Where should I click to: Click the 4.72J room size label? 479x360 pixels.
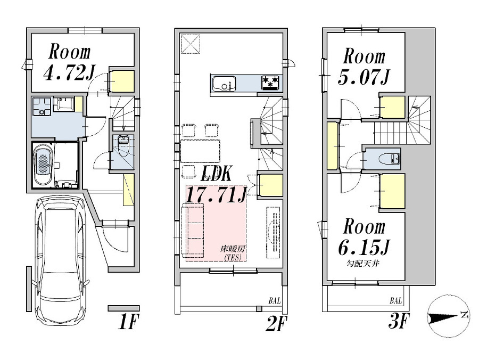point(69,73)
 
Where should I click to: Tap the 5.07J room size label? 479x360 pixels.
point(364,77)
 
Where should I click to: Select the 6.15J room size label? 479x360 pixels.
point(364,247)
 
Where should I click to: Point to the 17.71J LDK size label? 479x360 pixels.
point(216,194)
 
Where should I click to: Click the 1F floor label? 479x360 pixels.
point(128,322)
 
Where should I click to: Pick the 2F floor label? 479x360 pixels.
point(276,324)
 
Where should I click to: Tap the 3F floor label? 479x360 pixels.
point(398,321)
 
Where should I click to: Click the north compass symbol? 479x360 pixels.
point(449,318)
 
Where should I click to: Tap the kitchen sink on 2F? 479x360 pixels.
point(225,83)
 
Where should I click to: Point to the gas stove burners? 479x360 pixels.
point(270,82)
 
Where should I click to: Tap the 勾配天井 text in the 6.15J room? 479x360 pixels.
point(363,263)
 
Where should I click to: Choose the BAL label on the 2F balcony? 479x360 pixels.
point(275,301)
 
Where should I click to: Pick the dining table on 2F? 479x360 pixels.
point(201,151)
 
